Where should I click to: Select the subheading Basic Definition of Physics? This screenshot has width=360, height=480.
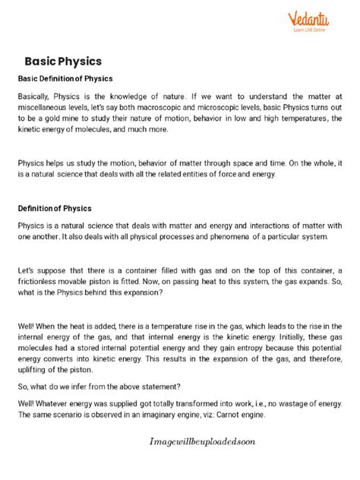(x=65, y=78)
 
